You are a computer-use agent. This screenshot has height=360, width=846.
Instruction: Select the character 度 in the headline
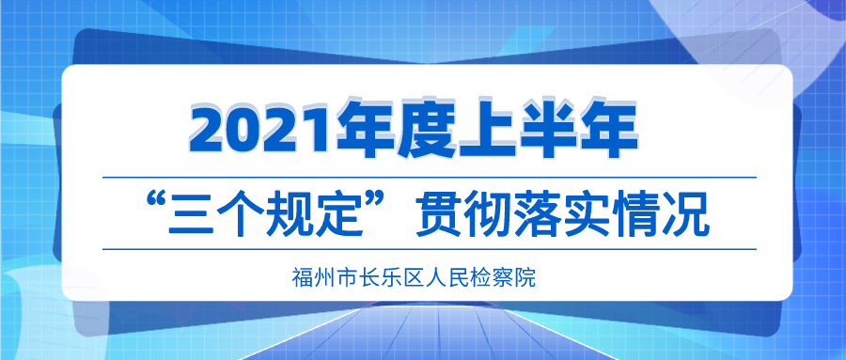427,129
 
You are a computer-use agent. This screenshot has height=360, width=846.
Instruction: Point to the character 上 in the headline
488,129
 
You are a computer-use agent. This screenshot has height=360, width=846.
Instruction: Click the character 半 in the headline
548,129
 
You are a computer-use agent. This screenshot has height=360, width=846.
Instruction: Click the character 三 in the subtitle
193,217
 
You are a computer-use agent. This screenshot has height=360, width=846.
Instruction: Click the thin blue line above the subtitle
430,177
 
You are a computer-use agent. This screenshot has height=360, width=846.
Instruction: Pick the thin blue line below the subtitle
430,249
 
